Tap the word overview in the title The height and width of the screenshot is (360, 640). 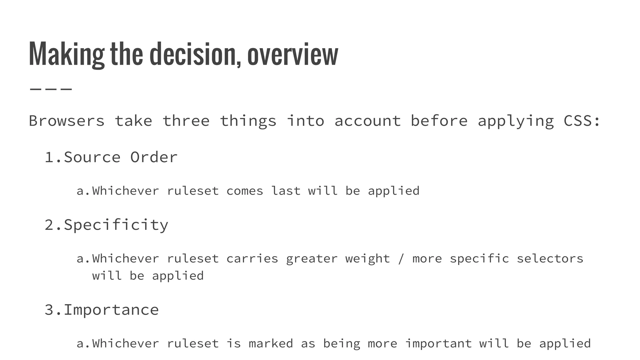pyautogui.click(x=292, y=55)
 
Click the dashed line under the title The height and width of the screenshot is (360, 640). pyautogui.click(x=51, y=89)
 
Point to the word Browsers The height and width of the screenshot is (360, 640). pyautogui.click(x=67, y=121)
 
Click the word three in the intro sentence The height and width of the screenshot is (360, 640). pyautogui.click(x=186, y=121)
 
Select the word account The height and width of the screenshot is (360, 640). pyautogui.click(x=367, y=121)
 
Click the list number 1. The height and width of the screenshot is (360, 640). pyautogui.click(x=52, y=157)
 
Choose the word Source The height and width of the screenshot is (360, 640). pyautogui.click(x=92, y=157)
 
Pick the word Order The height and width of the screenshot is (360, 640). pyautogui.click(x=154, y=157)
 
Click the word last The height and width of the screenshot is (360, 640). pyautogui.click(x=286, y=191)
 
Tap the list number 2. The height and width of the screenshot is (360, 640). pyautogui.click(x=52, y=225)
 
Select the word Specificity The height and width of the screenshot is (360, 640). pyautogui.click(x=116, y=225)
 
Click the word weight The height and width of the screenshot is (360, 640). pyautogui.click(x=367, y=259)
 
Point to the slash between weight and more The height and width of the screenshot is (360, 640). pyautogui.click(x=401, y=259)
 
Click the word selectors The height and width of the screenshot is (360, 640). pyautogui.click(x=550, y=259)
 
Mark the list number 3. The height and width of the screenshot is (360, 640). pyautogui.click(x=52, y=310)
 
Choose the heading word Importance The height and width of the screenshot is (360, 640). pyautogui.click(x=111, y=310)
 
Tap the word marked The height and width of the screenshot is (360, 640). pyautogui.click(x=271, y=344)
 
